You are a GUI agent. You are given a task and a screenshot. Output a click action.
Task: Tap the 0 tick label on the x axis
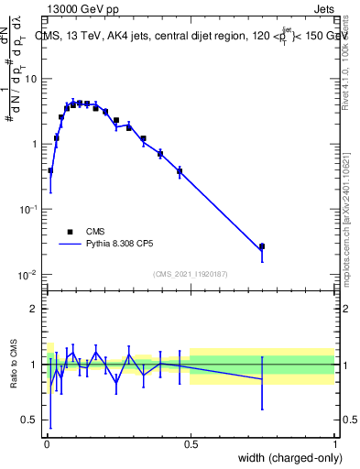(x=46, y=443)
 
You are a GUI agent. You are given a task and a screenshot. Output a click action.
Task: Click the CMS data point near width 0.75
(x=262, y=246)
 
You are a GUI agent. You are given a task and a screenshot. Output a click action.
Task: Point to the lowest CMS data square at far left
(x=50, y=170)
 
